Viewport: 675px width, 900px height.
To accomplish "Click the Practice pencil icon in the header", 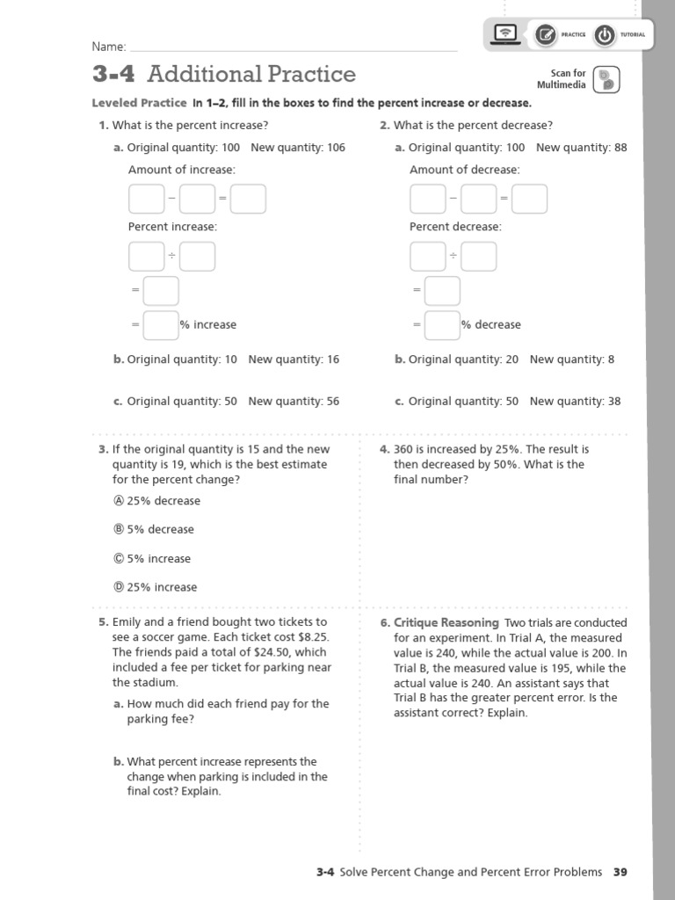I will [545, 35].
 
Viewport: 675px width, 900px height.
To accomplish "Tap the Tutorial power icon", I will [604, 35].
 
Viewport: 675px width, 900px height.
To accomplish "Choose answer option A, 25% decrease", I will [120, 501].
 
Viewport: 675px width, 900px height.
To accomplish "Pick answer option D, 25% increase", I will [120, 587].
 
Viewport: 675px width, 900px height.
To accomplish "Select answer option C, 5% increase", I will [120, 558].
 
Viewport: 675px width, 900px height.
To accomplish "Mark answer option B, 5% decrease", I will [120, 529].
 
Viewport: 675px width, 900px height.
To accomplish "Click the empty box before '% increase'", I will [161, 324].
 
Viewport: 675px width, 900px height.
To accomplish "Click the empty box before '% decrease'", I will [442, 324].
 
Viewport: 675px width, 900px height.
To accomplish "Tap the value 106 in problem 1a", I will [336, 148].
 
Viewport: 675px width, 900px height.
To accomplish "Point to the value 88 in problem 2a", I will [621, 148].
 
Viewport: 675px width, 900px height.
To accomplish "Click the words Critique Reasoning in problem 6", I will [446, 623].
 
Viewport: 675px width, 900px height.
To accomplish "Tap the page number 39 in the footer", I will [621, 872].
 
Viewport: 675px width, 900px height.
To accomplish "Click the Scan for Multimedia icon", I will [606, 79].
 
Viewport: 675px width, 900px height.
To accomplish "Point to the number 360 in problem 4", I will [403, 449].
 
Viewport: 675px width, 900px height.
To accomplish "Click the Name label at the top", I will [109, 47].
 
